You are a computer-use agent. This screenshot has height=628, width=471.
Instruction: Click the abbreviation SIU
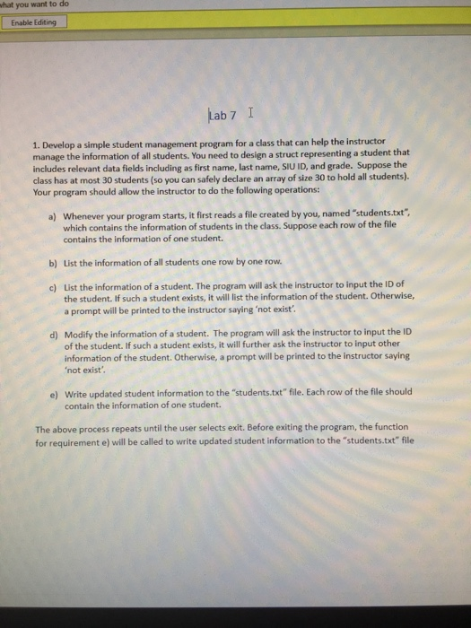[318, 164]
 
